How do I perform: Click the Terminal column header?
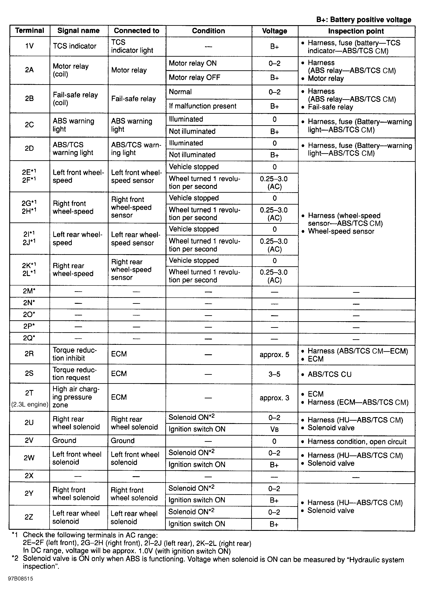(29, 31)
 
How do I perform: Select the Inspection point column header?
(356, 31)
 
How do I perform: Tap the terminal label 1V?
(29, 46)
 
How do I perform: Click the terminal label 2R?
(29, 354)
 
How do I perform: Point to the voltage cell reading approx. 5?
(274, 354)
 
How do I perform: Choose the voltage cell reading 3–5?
(274, 374)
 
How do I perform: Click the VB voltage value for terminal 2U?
(274, 429)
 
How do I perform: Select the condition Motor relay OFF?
(195, 77)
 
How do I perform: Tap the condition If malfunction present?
(203, 106)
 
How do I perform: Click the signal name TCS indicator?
(75, 46)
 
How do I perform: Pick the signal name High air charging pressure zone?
(76, 397)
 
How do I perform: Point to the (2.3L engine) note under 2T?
(30, 404)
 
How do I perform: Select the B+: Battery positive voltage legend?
(364, 20)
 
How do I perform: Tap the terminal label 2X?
(29, 476)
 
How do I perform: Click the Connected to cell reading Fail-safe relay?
(133, 99)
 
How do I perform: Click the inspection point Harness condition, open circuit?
(357, 442)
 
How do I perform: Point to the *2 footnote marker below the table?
(15, 559)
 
